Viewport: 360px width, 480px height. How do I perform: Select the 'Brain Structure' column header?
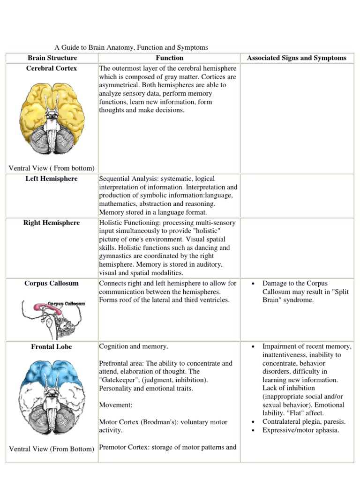tap(52, 58)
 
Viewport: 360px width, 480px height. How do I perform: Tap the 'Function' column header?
tap(169, 58)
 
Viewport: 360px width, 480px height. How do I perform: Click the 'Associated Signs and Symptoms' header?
tap(297, 58)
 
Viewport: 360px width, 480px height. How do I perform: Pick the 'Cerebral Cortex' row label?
tap(52, 68)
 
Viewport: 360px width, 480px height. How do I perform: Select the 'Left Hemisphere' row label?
tap(52, 179)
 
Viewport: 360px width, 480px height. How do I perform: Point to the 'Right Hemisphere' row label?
tap(52, 223)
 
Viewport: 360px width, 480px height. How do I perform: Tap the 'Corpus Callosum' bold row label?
tap(52, 284)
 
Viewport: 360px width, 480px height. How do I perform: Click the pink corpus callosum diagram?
tap(52, 314)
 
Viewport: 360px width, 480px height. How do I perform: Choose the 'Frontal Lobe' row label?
tap(52, 347)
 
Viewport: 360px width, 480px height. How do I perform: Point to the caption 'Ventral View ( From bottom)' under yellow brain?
tap(52, 168)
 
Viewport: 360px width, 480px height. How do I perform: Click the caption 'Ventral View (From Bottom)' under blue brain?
tap(52, 449)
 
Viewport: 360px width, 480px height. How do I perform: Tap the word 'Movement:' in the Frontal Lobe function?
tap(114, 405)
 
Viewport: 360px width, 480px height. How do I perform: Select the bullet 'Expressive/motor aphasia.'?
tap(300, 430)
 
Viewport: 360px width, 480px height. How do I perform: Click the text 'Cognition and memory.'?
tap(133, 347)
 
